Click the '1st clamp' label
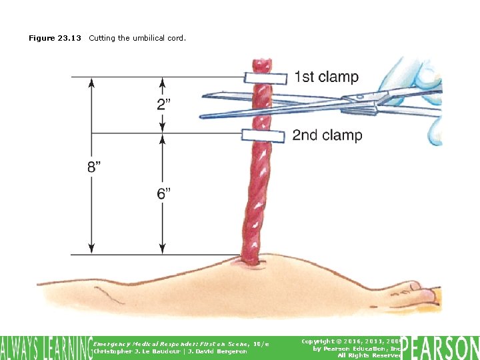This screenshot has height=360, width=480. coord(326,77)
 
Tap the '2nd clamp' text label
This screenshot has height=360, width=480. coord(327,135)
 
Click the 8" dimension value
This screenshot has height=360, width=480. coord(95,167)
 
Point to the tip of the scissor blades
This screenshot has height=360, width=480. coord(202,115)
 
